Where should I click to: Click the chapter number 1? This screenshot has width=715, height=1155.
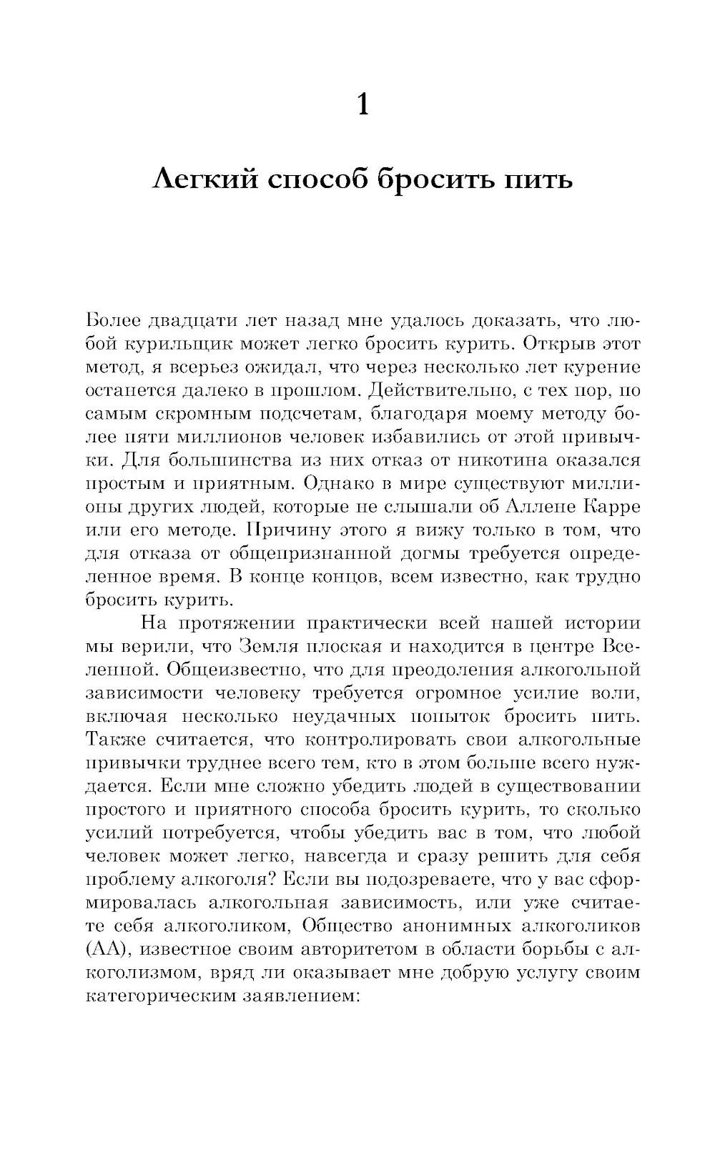(363, 105)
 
